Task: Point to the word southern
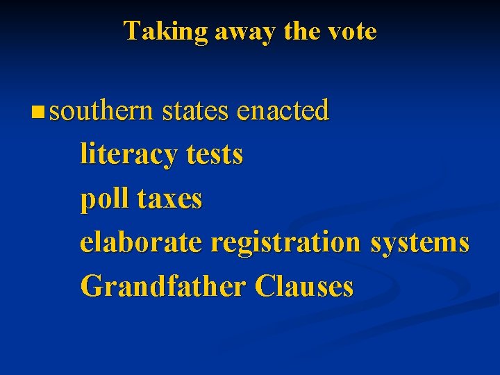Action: [x=101, y=110]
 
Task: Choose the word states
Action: [x=195, y=110]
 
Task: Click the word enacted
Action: [x=283, y=110]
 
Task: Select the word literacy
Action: [x=129, y=154]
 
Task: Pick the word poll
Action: [x=105, y=199]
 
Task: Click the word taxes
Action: [x=170, y=199]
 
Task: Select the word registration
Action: [x=285, y=243]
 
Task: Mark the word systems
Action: [x=419, y=243]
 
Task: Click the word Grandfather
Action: [x=164, y=286]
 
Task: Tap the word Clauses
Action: [x=304, y=286]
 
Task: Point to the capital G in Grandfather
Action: [x=90, y=286]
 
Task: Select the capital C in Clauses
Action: [x=264, y=286]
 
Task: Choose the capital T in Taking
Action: [x=131, y=31]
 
